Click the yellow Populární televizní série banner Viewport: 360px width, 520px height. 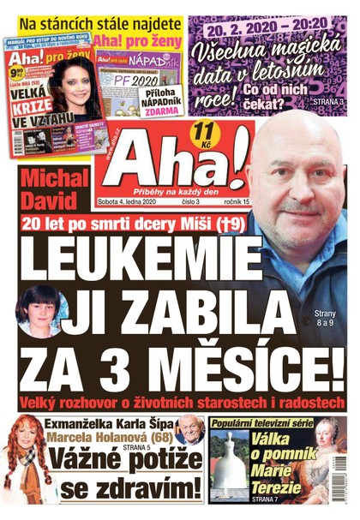click(262, 423)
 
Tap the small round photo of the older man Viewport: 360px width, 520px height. click(189, 427)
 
